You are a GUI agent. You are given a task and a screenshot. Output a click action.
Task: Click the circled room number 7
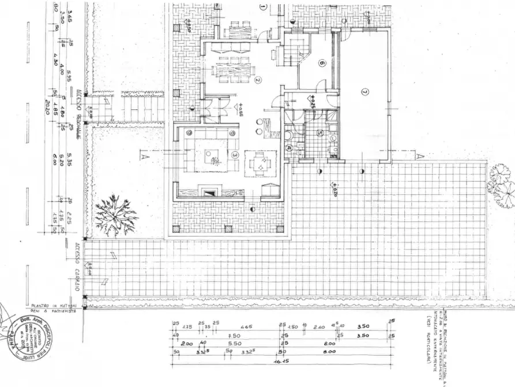(x=364, y=92)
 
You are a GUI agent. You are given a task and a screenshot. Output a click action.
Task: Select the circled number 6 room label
(x=322, y=64)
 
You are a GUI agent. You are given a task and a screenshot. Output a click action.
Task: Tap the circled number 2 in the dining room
(x=258, y=80)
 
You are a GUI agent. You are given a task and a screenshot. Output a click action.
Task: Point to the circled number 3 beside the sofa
(x=235, y=155)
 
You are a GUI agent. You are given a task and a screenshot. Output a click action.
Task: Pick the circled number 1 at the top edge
(x=263, y=7)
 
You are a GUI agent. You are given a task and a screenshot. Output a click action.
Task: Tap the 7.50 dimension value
(x=234, y=335)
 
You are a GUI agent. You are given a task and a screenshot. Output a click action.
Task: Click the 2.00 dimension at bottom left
(x=186, y=343)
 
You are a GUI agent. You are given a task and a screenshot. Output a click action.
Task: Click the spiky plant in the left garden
(x=116, y=215)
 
